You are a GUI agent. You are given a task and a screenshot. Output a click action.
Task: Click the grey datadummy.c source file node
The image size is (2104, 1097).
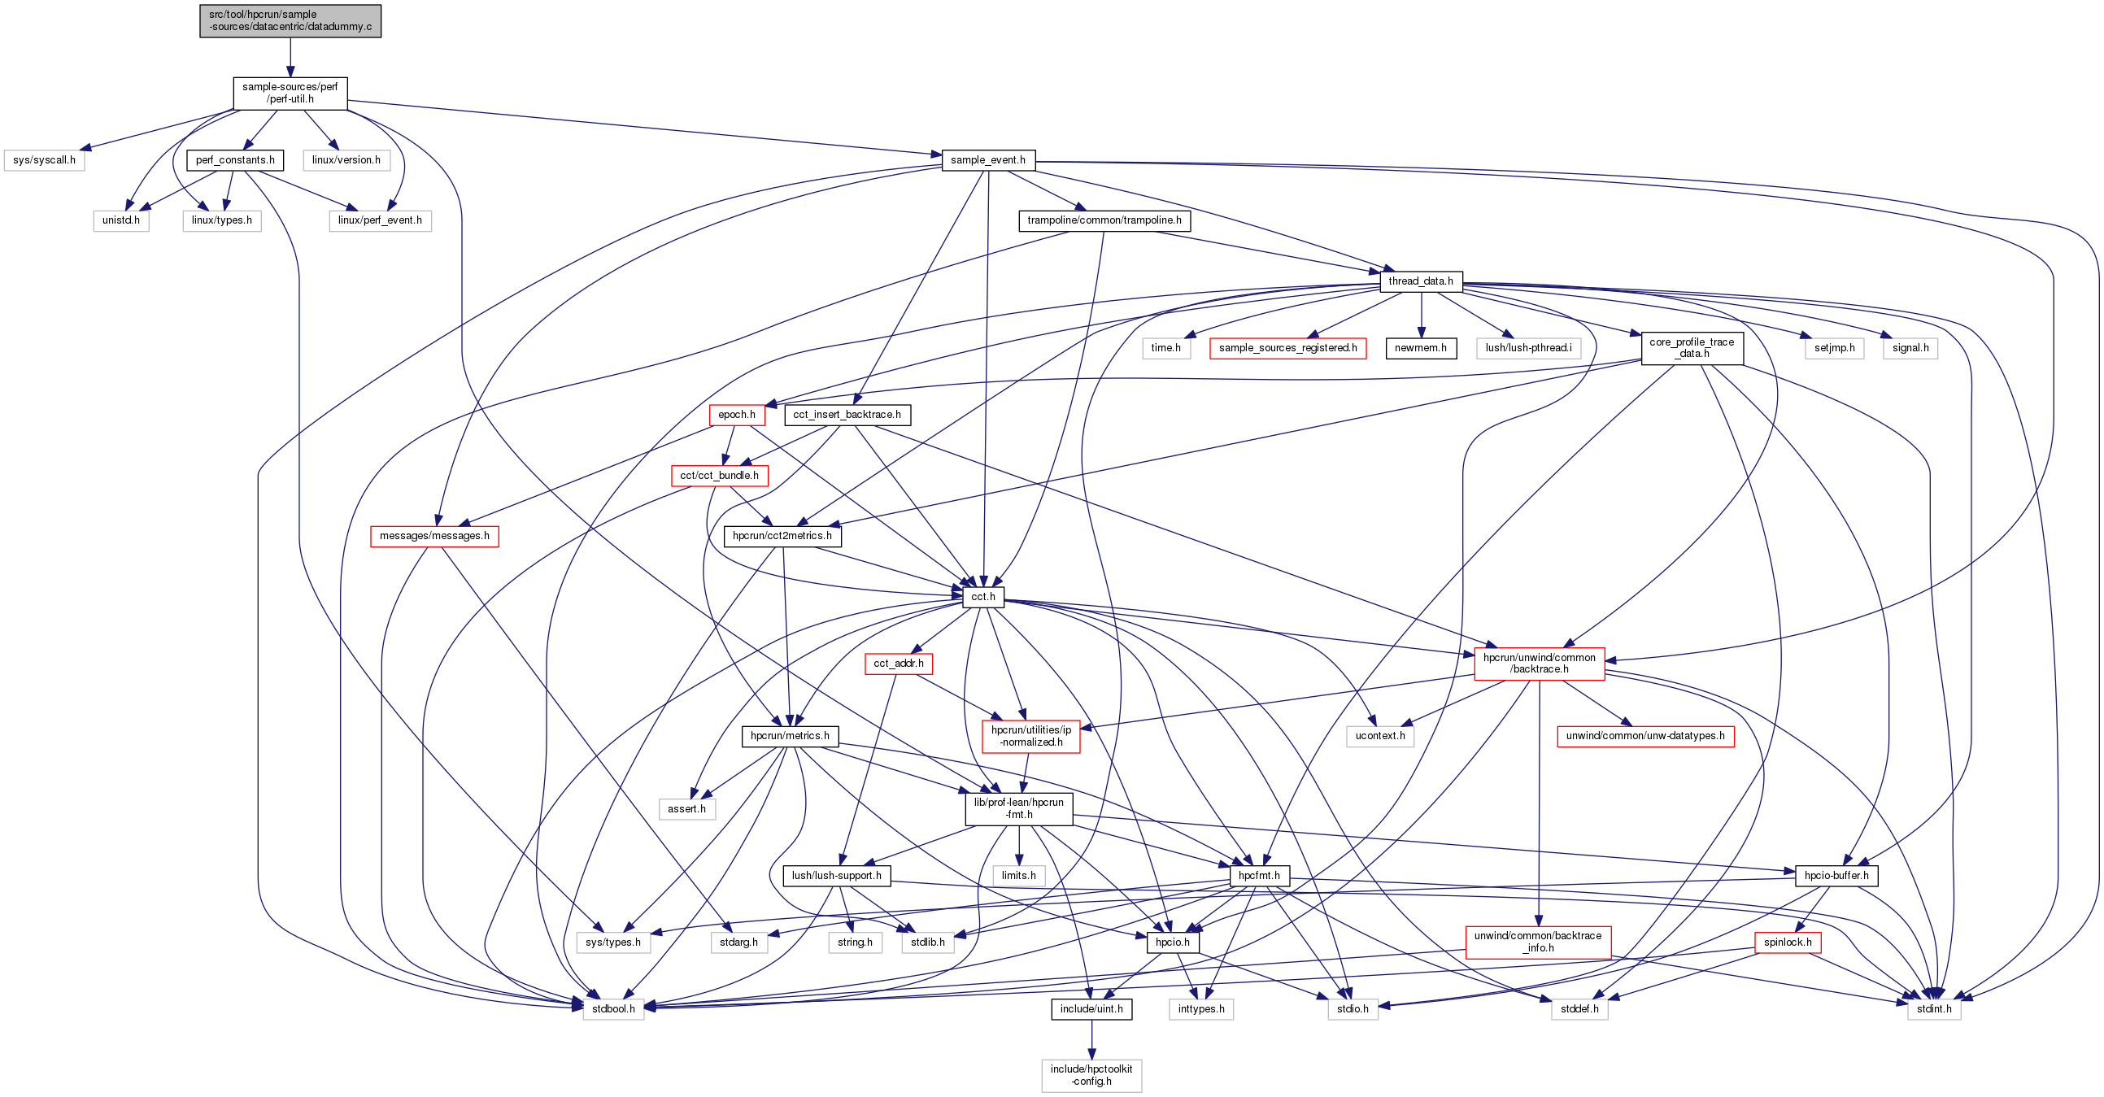point(290,20)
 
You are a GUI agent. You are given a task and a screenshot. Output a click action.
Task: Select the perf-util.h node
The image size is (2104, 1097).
point(290,94)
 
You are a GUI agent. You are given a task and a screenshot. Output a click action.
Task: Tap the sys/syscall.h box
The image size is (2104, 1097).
point(44,160)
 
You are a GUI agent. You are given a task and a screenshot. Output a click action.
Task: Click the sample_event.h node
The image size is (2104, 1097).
point(987,160)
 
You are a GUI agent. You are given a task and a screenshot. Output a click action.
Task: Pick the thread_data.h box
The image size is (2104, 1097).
point(1420,281)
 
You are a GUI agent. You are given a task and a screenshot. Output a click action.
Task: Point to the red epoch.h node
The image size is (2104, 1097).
point(737,415)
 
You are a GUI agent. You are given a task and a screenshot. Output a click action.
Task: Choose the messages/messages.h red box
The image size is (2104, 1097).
point(434,536)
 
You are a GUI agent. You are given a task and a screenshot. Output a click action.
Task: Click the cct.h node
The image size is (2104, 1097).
point(983,597)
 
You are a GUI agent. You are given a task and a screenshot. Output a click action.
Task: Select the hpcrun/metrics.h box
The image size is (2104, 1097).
point(790,736)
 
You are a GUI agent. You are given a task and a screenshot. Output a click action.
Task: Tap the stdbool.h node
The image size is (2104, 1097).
point(613,1009)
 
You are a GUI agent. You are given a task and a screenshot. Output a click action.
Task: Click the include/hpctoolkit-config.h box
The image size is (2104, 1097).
point(1091,1075)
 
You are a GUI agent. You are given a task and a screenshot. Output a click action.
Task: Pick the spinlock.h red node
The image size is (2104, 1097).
point(1788,942)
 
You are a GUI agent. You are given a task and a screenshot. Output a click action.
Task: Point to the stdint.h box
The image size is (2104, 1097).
point(1934,1009)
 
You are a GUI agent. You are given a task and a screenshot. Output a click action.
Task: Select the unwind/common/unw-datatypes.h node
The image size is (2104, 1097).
point(1645,736)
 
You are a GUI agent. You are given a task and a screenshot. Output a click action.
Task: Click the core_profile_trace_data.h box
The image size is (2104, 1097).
point(1692,348)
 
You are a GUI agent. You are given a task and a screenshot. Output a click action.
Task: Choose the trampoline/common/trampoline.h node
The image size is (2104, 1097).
point(1104,220)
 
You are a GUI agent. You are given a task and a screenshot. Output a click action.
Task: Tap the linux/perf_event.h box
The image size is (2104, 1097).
point(380,220)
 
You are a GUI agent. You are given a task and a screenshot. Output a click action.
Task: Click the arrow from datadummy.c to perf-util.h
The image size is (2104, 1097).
point(290,57)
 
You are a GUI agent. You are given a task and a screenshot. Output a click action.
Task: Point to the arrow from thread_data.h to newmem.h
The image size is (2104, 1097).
point(1421,315)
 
